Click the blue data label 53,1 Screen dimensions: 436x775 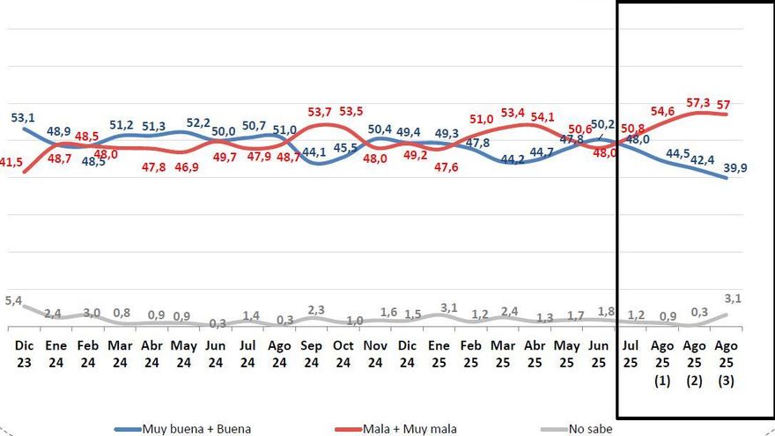[23, 117]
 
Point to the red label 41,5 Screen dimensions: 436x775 [11, 162]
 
